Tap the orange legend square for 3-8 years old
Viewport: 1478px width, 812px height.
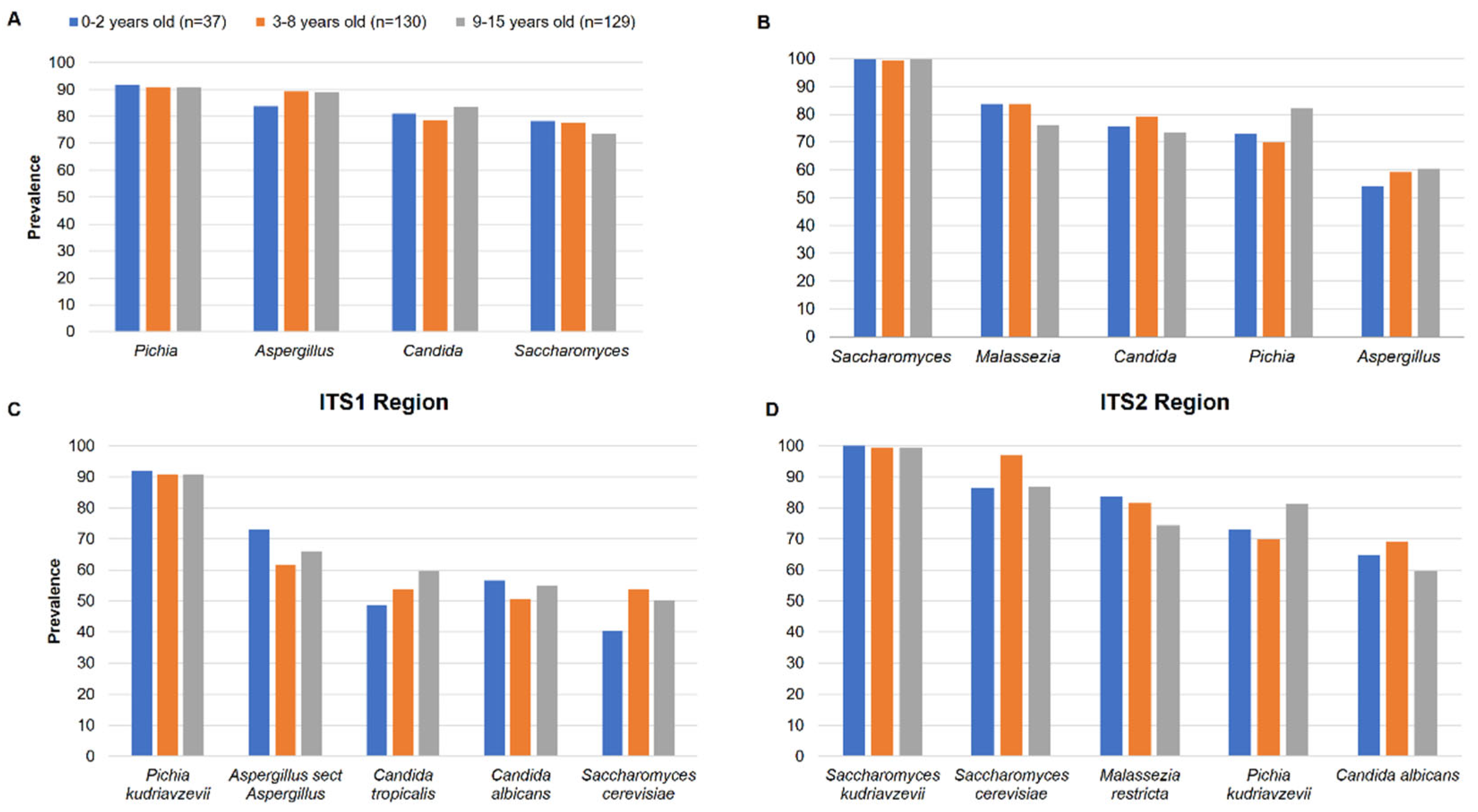coord(261,22)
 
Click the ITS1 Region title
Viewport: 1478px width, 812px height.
coord(383,402)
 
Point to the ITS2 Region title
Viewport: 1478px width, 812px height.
coord(1164,402)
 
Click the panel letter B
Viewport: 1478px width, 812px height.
coord(763,22)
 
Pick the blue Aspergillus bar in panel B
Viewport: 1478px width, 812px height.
coord(1372,261)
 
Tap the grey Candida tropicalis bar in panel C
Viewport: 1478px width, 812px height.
coord(429,663)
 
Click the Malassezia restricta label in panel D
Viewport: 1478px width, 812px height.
coord(1140,784)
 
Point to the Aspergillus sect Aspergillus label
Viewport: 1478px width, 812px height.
coord(285,784)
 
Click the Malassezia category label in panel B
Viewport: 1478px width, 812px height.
coord(1018,357)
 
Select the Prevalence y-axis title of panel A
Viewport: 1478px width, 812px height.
coord(34,197)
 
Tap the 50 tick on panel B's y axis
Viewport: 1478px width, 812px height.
coord(806,198)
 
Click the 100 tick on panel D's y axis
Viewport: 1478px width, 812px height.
coord(790,446)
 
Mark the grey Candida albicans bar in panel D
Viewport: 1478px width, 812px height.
coord(1425,663)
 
